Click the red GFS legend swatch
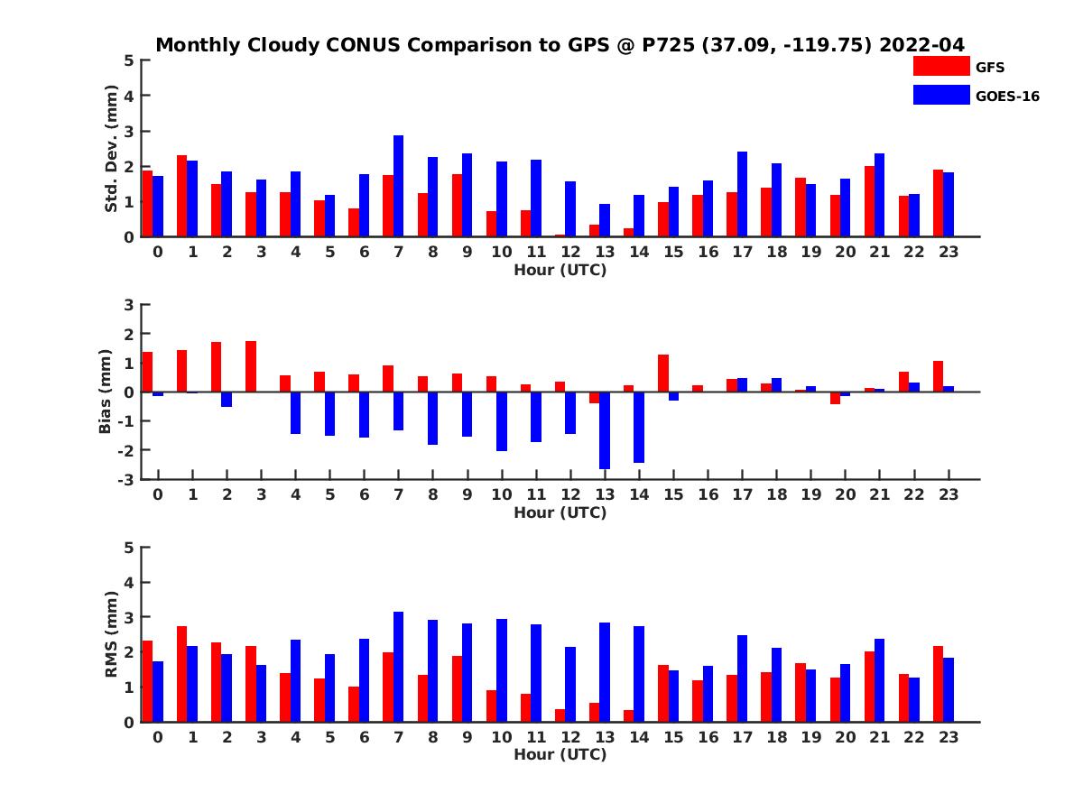[x=941, y=66]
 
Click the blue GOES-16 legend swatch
[x=941, y=95]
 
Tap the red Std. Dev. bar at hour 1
[x=181, y=196]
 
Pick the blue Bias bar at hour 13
[x=605, y=430]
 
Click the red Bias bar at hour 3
[x=251, y=366]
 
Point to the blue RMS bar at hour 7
[x=398, y=667]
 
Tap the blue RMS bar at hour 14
[x=639, y=674]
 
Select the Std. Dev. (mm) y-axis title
[x=112, y=149]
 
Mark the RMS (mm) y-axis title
[x=112, y=633]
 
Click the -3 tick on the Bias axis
[x=127, y=479]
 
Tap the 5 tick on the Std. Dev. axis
[x=130, y=60]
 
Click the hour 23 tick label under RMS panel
[x=948, y=736]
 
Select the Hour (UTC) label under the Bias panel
[x=560, y=512]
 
